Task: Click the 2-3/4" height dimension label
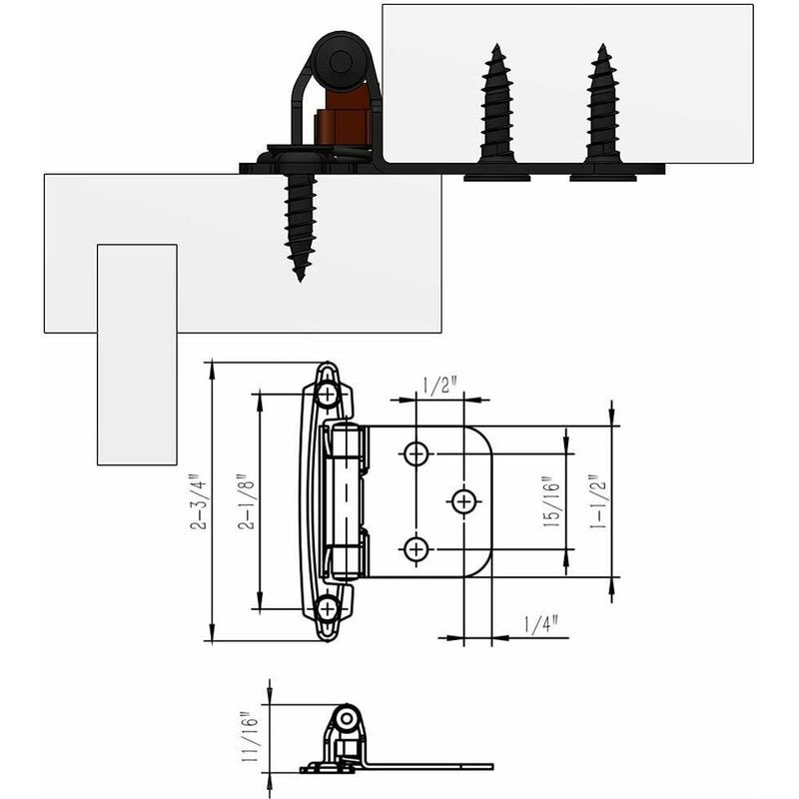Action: click(x=199, y=502)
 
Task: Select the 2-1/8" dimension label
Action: click(x=247, y=504)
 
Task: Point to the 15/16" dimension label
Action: click(x=551, y=501)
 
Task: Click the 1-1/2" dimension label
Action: click(x=597, y=502)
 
